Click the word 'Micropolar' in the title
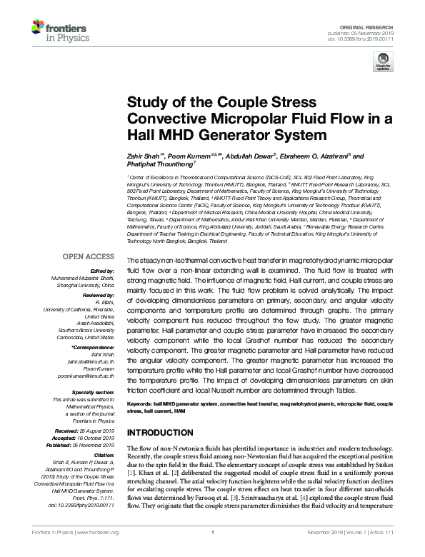click(255, 118)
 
